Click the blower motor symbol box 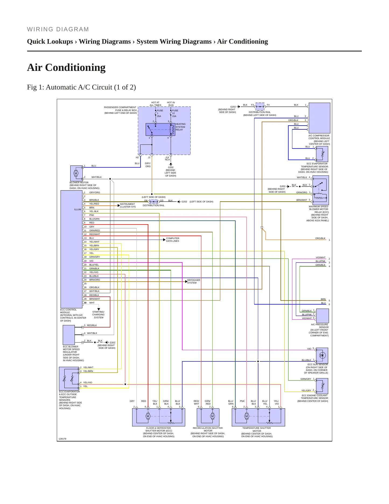coord(76,173)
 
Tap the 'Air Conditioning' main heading coord(66,67)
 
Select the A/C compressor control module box coord(319,118)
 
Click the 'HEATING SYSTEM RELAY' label coord(180,127)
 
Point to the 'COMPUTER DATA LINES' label coord(173,240)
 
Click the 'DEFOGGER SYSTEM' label coord(194,281)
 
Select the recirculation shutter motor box coord(208,417)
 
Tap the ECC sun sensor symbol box coord(322,355)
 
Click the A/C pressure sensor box coord(323,316)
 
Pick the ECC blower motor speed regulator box coord(69,335)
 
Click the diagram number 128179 coord(62,439)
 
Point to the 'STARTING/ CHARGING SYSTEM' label coord(99,315)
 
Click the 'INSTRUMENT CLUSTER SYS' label coord(128,205)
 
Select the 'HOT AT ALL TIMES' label coord(155,104)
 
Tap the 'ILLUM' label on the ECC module coord(78,209)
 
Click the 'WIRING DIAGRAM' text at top coord(58,29)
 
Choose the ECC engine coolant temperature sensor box coord(322,386)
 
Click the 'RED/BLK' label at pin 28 coord(94,295)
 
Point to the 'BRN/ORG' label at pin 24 coord(94,280)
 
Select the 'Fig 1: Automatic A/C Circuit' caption coord(81,87)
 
